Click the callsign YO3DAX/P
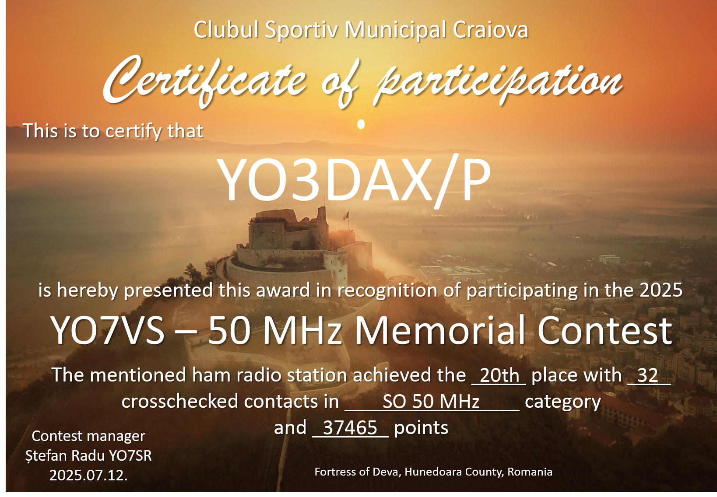[x=354, y=180]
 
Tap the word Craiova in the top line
[x=490, y=30]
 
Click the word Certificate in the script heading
[x=204, y=81]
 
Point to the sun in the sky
[x=361, y=124]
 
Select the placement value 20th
[x=499, y=375]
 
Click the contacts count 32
[x=647, y=375]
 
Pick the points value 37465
[x=350, y=427]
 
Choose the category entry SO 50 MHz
[x=431, y=401]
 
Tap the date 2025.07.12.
[x=88, y=475]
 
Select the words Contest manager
[x=88, y=436]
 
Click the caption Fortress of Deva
[x=358, y=472]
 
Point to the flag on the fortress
[x=346, y=215]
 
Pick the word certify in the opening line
[x=133, y=131]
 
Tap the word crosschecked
[x=180, y=401]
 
